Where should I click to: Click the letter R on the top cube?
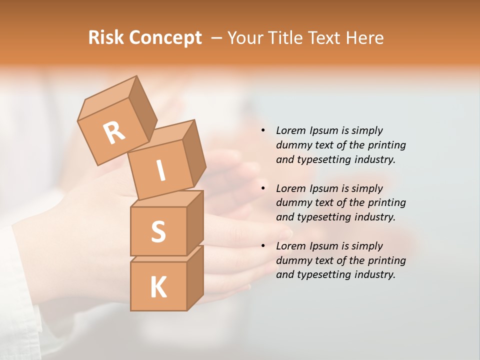tap(114, 132)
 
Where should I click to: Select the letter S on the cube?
tap(158, 231)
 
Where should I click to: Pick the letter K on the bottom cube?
tap(158, 287)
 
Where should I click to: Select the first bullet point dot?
tap(263, 130)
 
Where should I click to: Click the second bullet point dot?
tap(263, 188)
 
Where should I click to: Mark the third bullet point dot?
tap(263, 246)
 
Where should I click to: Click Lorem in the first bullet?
tap(290, 130)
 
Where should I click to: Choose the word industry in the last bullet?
tap(374, 274)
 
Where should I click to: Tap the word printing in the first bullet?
tap(386, 145)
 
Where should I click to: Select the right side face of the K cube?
tap(195, 277)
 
